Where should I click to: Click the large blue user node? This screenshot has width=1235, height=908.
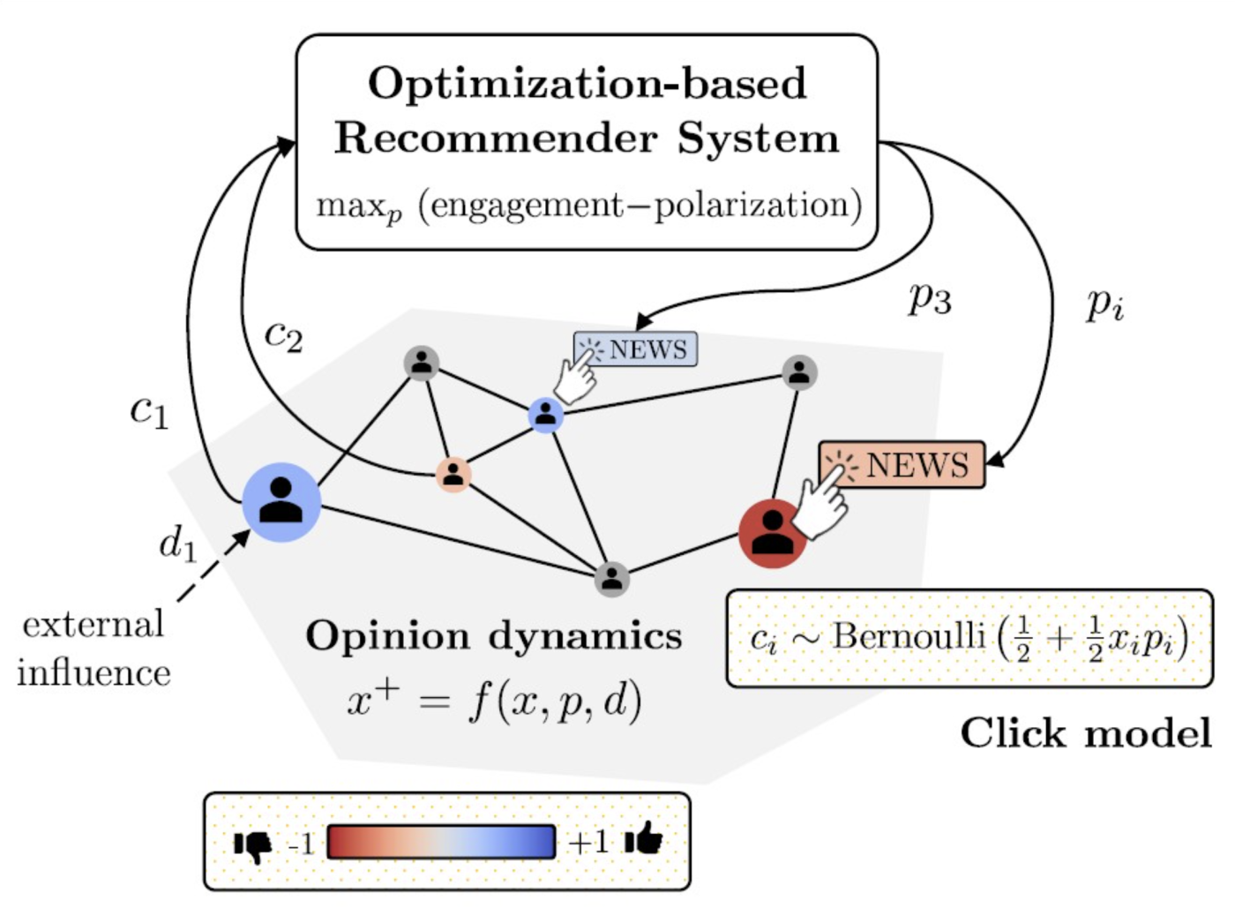pos(281,502)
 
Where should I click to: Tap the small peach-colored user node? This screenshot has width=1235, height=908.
pos(453,475)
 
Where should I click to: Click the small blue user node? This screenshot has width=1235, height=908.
pos(545,414)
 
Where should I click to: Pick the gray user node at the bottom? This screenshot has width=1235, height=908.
pos(611,580)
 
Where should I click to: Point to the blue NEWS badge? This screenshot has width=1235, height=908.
pos(635,349)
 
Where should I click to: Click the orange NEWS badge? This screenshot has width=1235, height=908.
pos(902,464)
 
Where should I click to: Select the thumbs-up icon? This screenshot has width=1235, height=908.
pos(644,840)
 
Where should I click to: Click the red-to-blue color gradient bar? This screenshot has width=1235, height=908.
pos(441,842)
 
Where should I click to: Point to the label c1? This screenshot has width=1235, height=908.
pos(148,411)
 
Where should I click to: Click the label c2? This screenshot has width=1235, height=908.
pos(283,336)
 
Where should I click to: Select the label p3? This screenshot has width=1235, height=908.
pos(930,299)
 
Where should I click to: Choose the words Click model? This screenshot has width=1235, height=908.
pos(1086,733)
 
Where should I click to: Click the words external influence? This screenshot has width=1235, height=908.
pos(94,649)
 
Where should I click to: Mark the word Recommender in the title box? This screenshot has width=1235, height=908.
pos(496,139)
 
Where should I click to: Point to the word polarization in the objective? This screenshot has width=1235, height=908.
pos(751,206)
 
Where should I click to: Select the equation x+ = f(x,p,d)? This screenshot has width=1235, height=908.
pos(494,702)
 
